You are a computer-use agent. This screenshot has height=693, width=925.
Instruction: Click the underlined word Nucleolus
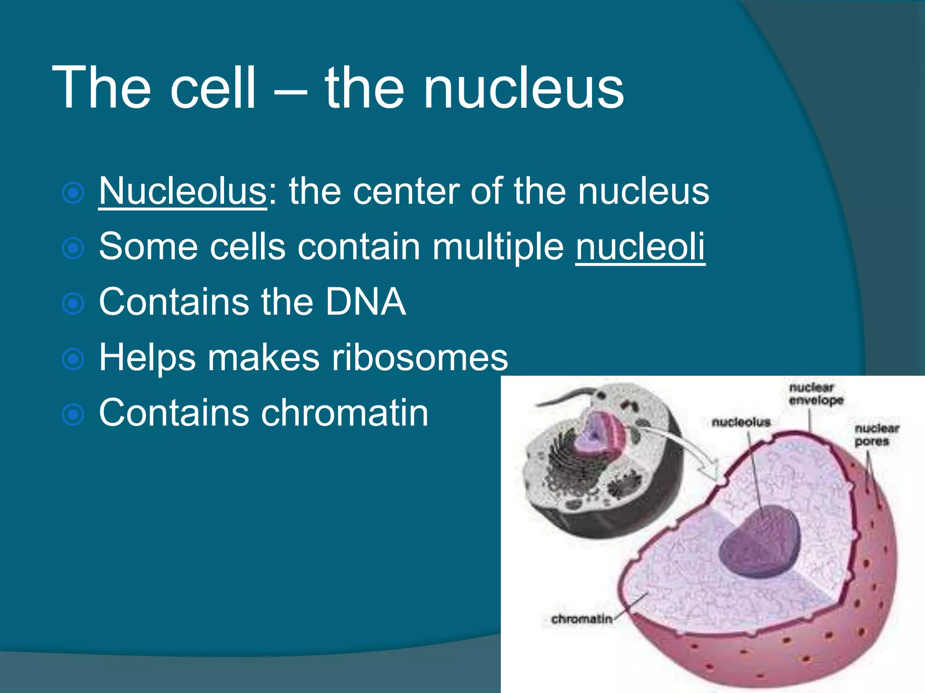[x=183, y=191]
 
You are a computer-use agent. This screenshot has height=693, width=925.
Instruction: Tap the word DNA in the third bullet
[x=366, y=301]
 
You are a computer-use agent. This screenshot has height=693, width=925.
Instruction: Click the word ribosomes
[x=420, y=357]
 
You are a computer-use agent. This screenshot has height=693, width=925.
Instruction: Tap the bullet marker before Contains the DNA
[x=73, y=304]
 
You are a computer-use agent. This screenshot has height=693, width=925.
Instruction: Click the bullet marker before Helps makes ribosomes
[x=73, y=359]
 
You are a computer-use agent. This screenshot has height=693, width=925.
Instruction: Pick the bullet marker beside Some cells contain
[x=73, y=248]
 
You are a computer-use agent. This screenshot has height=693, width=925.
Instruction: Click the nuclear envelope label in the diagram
[x=816, y=394]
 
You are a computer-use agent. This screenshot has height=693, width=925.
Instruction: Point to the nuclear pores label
[x=876, y=434]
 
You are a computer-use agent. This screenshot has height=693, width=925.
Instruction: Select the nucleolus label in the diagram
[x=741, y=422]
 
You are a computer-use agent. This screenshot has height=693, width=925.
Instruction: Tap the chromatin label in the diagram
[x=582, y=619]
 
